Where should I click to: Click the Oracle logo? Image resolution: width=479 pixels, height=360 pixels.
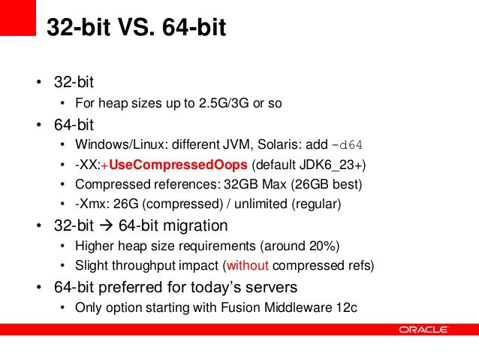point(423,329)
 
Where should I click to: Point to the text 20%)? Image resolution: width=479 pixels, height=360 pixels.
point(326,245)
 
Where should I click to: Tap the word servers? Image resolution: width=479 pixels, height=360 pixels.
point(273,287)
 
